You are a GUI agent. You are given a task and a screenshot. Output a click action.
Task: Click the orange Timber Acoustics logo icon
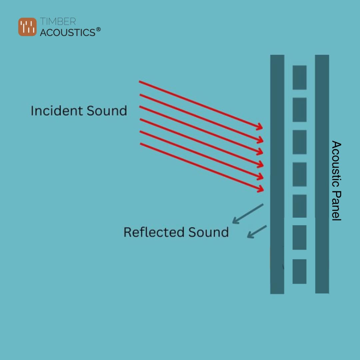point(27,27)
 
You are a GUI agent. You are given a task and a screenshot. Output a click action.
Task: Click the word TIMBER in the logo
point(58,22)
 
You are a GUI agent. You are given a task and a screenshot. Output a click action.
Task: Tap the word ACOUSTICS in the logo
point(68,32)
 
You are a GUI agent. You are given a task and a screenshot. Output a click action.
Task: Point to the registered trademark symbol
point(98,30)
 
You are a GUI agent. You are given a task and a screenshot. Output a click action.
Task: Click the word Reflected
point(154,232)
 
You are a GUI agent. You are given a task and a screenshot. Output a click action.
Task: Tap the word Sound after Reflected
point(208,232)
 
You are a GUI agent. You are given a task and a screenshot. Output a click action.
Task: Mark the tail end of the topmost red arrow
point(140,82)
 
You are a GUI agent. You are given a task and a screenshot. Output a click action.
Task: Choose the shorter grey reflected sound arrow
point(256,232)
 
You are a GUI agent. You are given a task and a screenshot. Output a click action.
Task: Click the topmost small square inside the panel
point(299,77)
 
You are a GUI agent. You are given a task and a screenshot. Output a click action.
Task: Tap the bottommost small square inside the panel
point(299,271)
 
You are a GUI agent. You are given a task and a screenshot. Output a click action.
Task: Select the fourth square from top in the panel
point(299,174)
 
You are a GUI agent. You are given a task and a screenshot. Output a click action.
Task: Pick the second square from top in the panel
point(299,110)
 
